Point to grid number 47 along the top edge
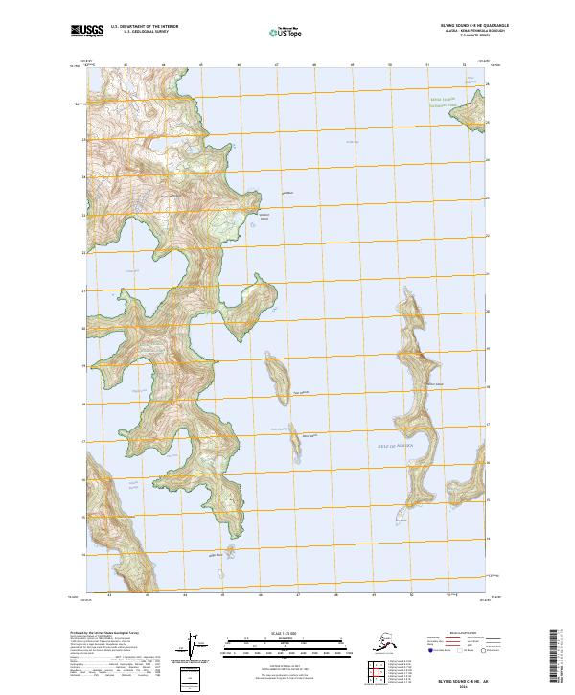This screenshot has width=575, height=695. click(276, 66)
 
